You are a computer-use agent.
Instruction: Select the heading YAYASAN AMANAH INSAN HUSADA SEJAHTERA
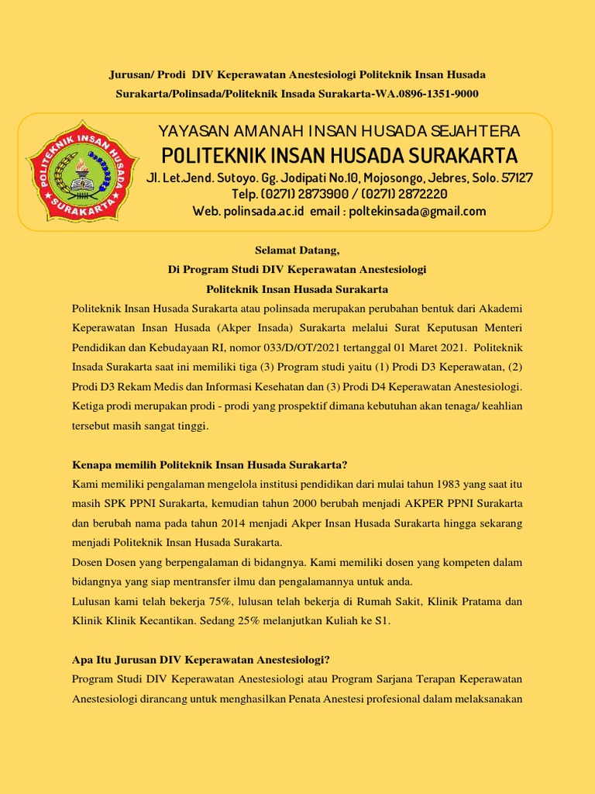point(339,131)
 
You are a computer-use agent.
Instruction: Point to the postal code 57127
point(515,178)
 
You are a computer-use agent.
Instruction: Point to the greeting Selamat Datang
point(297,250)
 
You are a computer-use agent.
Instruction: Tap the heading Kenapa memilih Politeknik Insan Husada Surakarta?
point(209,465)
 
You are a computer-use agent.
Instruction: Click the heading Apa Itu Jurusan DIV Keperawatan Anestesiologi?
point(201,660)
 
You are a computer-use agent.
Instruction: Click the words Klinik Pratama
point(465,601)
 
